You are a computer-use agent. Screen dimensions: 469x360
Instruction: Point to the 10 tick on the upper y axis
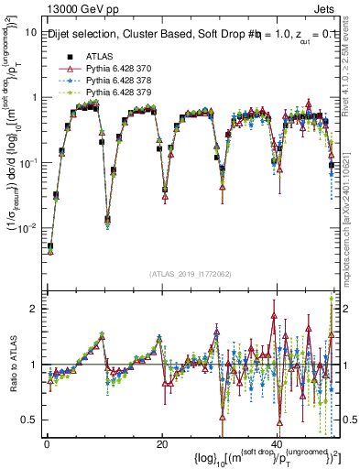[x=29, y=32]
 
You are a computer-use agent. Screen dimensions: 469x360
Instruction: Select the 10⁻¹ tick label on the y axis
[x=26, y=162]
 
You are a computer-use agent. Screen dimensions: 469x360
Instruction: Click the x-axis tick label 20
[x=162, y=443]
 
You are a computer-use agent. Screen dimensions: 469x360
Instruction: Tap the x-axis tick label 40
[x=277, y=443]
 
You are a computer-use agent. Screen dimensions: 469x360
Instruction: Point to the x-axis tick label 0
[x=47, y=443]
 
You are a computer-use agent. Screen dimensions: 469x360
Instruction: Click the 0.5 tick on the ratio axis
[x=27, y=420]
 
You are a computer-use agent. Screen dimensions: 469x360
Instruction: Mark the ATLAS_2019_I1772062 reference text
[x=190, y=273]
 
